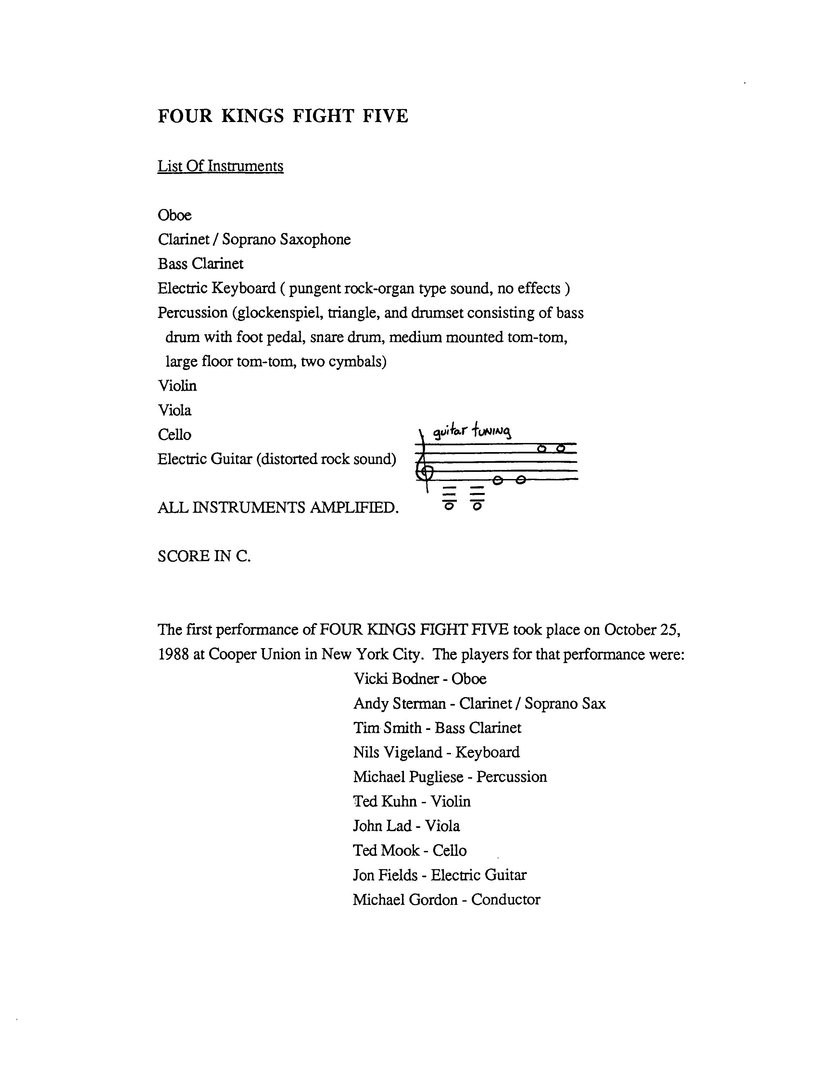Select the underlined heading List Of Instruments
click(220, 166)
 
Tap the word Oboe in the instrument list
click(175, 215)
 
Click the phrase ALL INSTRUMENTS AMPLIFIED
click(278, 508)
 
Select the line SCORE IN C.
click(204, 556)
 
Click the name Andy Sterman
click(399, 703)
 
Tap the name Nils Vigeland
click(398, 752)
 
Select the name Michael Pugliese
click(408, 777)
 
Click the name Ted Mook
click(386, 850)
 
